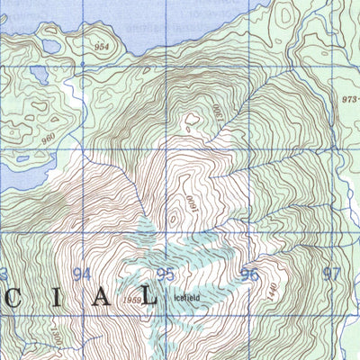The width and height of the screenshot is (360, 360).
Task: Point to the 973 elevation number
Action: pyautogui.click(x=349, y=101)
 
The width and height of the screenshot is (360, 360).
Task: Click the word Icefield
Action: pyautogui.click(x=184, y=294)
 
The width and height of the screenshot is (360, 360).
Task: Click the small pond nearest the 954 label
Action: pyautogui.click(x=50, y=46)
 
